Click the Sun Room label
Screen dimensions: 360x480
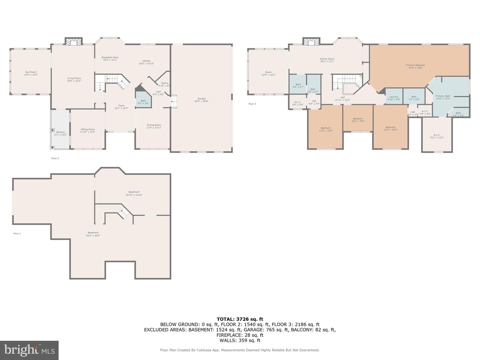point(31,73)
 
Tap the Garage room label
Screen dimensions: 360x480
point(201,100)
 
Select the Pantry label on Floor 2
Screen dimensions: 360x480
point(165,84)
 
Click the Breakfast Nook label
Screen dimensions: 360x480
point(110,59)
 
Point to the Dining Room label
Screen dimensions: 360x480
point(154,126)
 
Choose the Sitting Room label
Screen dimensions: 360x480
point(88,131)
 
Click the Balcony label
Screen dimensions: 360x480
point(61,133)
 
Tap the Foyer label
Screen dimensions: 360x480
point(121,107)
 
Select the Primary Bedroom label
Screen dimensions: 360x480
point(415,66)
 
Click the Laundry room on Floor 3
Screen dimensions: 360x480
point(394,98)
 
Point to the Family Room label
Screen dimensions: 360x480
point(327,60)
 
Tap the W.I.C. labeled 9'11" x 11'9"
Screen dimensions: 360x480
point(437,136)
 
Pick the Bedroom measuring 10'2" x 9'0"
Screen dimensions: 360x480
point(358,120)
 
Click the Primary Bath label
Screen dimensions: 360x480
point(443,97)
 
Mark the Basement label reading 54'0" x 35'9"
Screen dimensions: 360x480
point(93,234)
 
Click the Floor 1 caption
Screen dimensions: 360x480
point(17,234)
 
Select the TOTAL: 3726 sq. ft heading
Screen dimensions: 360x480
point(240,319)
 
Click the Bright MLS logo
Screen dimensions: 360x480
point(29,350)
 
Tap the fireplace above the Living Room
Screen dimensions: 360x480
point(73,42)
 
